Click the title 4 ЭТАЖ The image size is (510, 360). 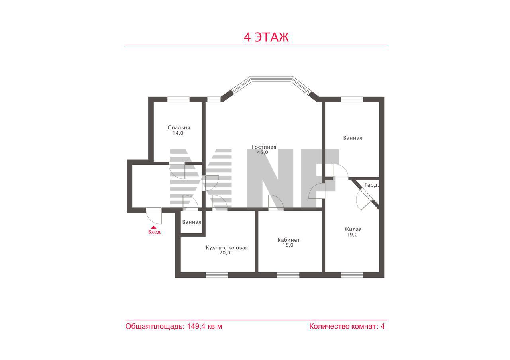266,37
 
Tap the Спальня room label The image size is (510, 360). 179,128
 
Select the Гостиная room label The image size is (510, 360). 264,147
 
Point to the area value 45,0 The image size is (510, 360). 263,152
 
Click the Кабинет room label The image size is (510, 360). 289,240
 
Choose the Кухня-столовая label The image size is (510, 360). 227,248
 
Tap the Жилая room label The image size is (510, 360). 353,229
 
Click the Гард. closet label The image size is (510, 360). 372,185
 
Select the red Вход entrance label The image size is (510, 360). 154,232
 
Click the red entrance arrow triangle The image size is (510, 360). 154,227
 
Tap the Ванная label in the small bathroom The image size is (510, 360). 192,222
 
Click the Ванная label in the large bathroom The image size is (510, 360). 353,138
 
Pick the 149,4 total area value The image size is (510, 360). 196,326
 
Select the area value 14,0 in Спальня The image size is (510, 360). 178,133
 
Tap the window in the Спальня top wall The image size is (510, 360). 178,100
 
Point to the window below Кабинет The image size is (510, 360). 288,275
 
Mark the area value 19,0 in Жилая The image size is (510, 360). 352,235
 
